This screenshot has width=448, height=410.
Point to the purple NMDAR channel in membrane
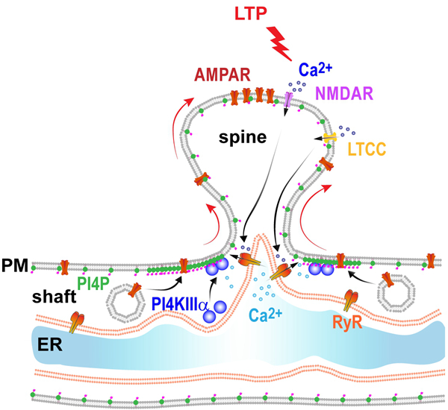pos(289,102)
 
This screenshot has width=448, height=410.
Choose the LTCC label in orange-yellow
pos(367,151)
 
